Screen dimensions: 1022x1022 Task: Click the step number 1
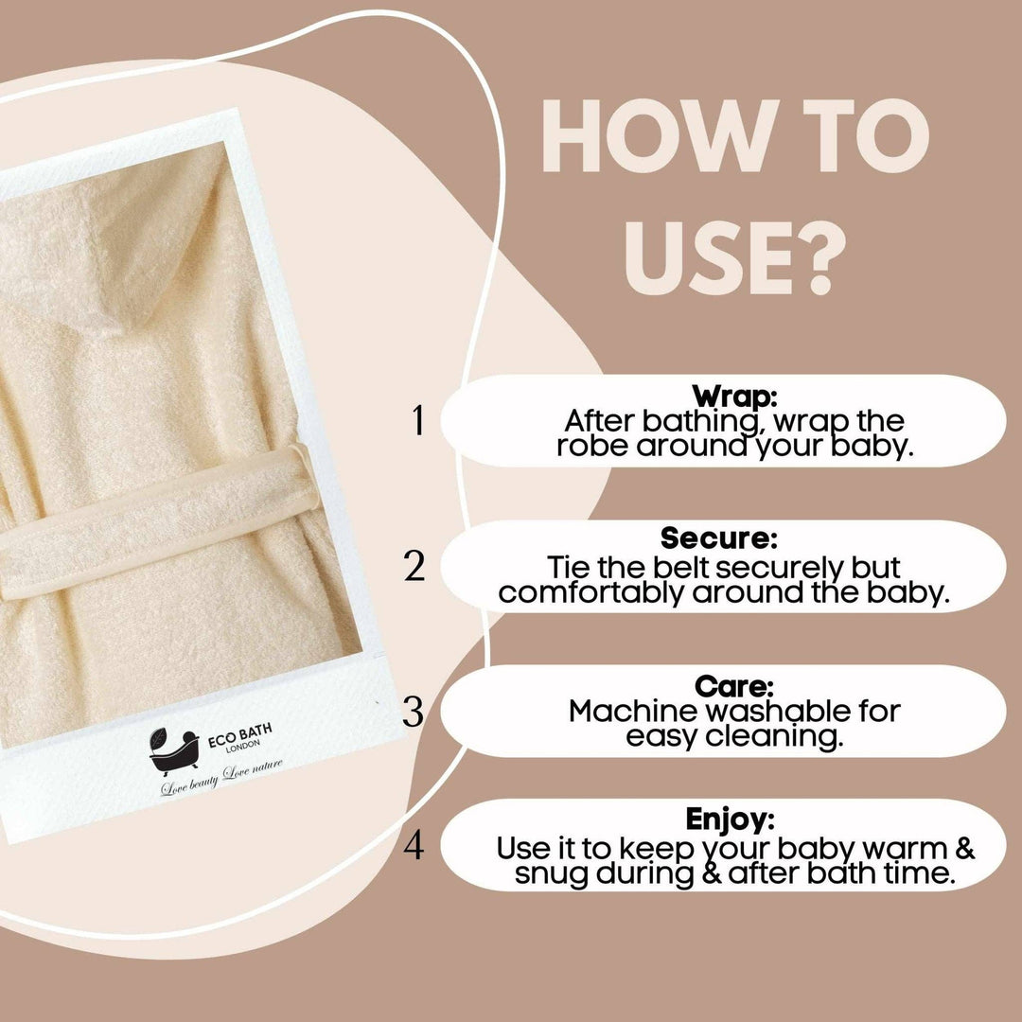(x=418, y=422)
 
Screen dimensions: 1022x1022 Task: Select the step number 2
(x=414, y=566)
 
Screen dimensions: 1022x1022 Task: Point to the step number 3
(x=414, y=712)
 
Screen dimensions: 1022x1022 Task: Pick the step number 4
(x=414, y=845)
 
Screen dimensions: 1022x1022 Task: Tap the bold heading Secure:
(x=719, y=538)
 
